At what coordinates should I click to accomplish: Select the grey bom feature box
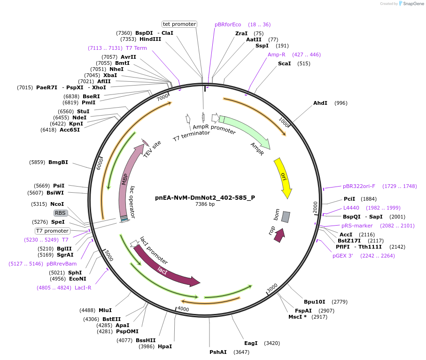pyautogui.click(x=286, y=217)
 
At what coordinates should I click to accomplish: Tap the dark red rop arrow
pyautogui.click(x=279, y=235)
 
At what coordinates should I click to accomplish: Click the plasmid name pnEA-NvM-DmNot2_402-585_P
pyautogui.click(x=205, y=197)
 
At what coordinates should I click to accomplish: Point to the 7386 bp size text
pyautogui.click(x=205, y=204)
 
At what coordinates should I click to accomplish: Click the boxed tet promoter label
pyautogui.click(x=179, y=24)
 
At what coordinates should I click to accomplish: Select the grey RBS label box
pyautogui.click(x=61, y=213)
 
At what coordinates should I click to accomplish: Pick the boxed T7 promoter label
pyautogui.click(x=53, y=231)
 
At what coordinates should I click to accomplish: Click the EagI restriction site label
pyautogui.click(x=251, y=343)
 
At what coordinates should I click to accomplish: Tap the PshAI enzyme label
pyautogui.click(x=218, y=352)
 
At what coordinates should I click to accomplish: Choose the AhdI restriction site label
pyautogui.click(x=320, y=103)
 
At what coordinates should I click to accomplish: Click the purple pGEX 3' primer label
pyautogui.click(x=342, y=256)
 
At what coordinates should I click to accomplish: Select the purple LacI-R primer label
pyautogui.click(x=83, y=288)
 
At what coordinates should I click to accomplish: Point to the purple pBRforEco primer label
pyautogui.click(x=228, y=24)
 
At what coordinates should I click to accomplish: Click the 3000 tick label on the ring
pyautogui.click(x=272, y=287)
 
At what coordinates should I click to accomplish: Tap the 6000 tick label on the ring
pyautogui.click(x=100, y=164)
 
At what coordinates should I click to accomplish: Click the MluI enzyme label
pyautogui.click(x=105, y=310)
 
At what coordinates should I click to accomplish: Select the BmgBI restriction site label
pyautogui.click(x=58, y=162)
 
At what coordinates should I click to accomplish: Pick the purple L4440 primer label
pyautogui.click(x=351, y=208)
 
